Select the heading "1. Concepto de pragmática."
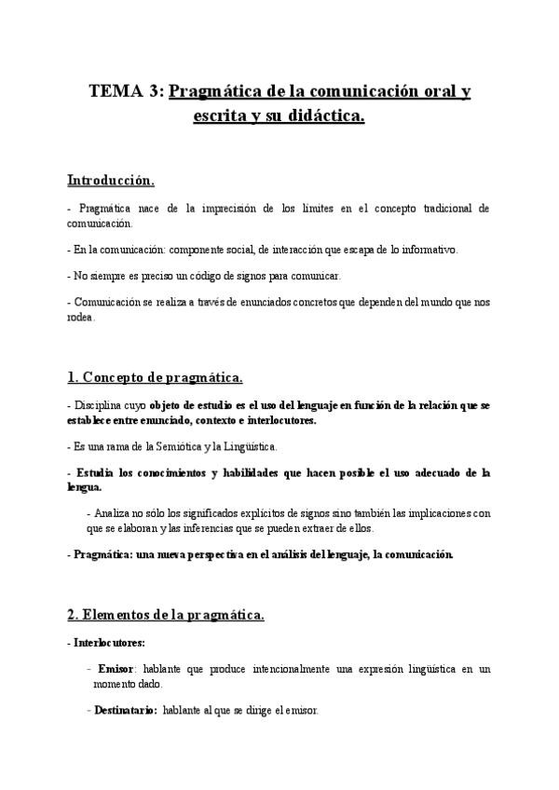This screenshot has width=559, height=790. click(x=155, y=377)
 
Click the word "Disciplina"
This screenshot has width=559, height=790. click(x=97, y=406)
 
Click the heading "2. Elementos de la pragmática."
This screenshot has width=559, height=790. click(x=166, y=614)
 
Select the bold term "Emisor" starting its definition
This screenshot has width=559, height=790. click(x=116, y=669)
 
